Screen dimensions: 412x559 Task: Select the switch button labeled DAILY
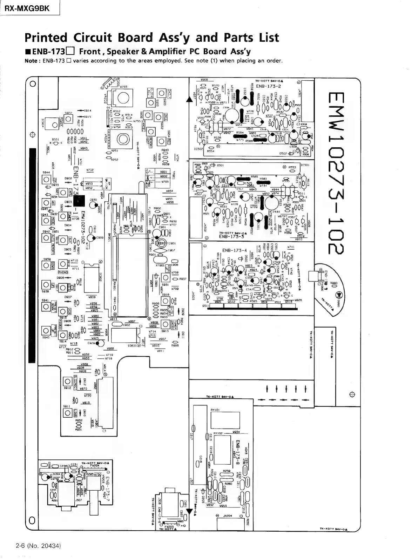[162, 93]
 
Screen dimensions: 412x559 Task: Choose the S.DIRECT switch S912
[67, 382]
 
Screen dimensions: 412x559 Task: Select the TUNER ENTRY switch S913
[166, 324]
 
